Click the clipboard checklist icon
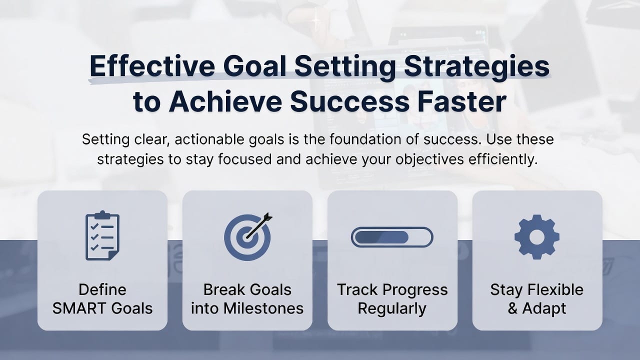coord(102,235)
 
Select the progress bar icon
coord(392,237)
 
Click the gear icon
coord(537,237)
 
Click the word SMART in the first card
coord(80,308)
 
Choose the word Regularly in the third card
coord(392,308)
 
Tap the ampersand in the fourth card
coord(512,308)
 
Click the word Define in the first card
coord(102,289)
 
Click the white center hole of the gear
coord(537,237)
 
